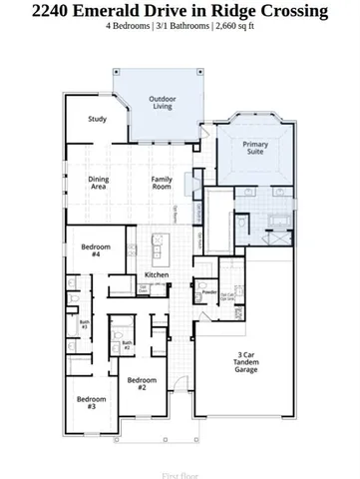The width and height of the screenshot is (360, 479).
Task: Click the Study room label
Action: tap(97, 120)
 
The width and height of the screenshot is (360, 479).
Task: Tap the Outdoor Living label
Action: tap(163, 104)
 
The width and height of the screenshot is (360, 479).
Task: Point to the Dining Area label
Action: tap(99, 183)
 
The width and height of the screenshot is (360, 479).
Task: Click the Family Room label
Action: tap(162, 183)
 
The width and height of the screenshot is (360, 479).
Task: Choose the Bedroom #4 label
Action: tap(96, 250)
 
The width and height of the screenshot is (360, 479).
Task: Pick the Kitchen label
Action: tap(157, 274)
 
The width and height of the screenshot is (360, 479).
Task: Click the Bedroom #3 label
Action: tap(90, 403)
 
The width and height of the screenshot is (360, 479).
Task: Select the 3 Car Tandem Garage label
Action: tap(245, 362)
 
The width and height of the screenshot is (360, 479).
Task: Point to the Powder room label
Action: tap(209, 292)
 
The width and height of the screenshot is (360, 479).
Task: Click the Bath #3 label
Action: tap(85, 324)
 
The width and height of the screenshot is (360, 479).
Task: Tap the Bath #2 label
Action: tap(127, 345)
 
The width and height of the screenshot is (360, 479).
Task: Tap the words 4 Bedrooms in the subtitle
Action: tap(127, 26)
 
